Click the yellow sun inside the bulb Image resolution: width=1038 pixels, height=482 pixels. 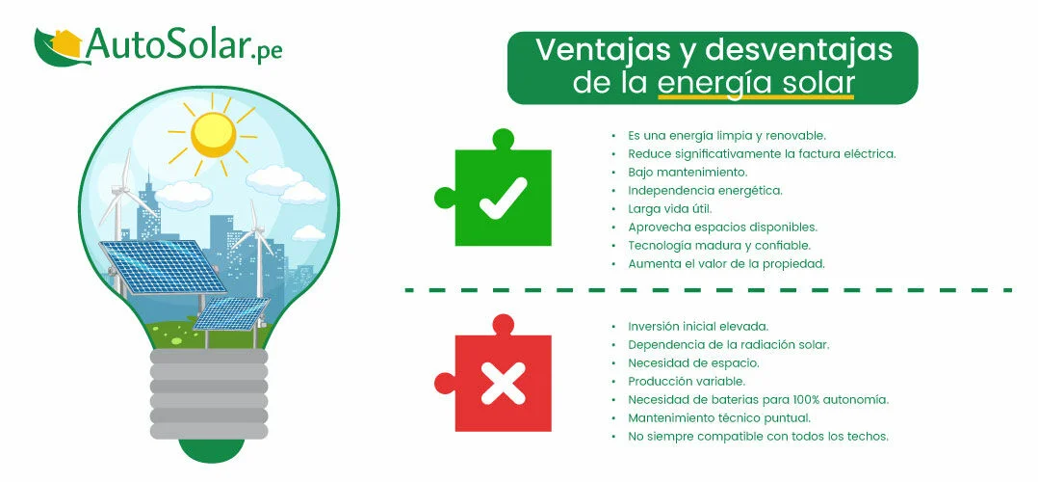coord(213,134)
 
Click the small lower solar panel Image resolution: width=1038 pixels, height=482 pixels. coord(232,313)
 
